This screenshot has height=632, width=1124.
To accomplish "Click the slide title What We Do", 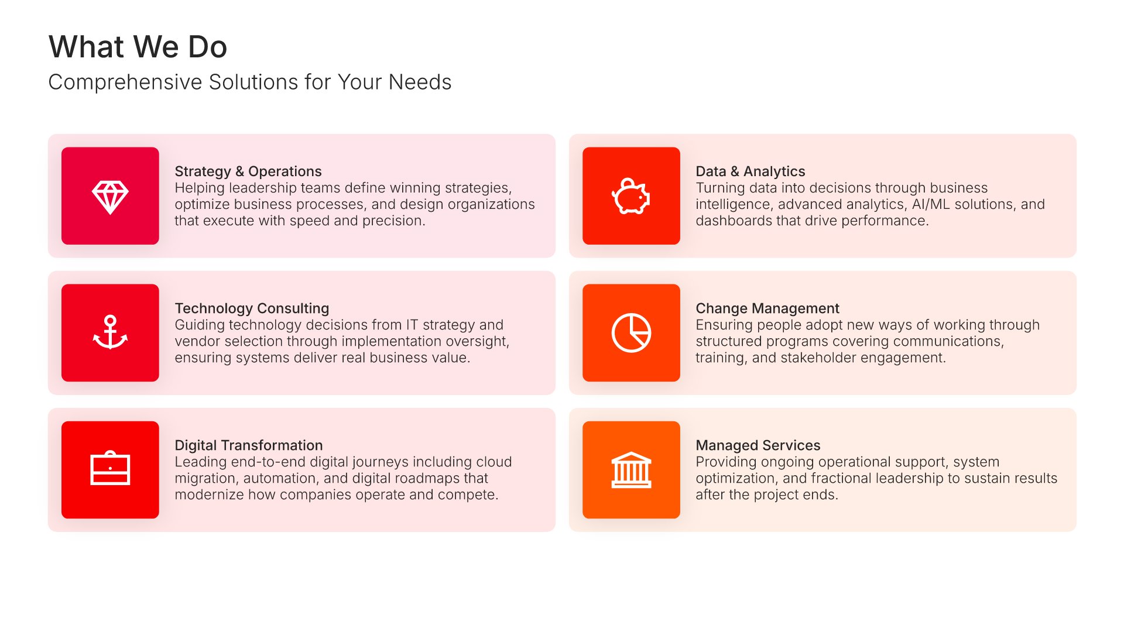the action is (x=138, y=47).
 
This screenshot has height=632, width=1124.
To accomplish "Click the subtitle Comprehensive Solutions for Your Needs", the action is (x=250, y=82).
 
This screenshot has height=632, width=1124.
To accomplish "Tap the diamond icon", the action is (x=110, y=197).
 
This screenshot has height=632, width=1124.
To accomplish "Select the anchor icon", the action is (x=110, y=332).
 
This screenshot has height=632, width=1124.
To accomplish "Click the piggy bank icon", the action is (x=631, y=196).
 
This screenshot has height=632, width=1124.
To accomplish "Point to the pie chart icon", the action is (x=631, y=333).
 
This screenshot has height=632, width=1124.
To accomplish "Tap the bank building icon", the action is (x=631, y=470).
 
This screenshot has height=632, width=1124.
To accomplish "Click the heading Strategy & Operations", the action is (x=248, y=171).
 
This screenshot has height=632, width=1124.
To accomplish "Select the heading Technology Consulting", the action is (x=252, y=308).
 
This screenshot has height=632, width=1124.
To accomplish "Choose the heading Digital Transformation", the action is (x=249, y=445).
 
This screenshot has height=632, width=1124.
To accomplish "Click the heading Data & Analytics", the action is (x=751, y=171).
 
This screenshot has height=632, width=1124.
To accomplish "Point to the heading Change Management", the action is (x=767, y=308).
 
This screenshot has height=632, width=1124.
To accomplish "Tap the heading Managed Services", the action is (x=758, y=445).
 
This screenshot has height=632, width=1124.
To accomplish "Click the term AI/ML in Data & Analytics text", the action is (x=931, y=204).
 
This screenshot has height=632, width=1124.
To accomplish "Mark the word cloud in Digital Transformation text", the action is (x=494, y=462).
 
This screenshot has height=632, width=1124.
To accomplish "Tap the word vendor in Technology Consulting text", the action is (x=197, y=341).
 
